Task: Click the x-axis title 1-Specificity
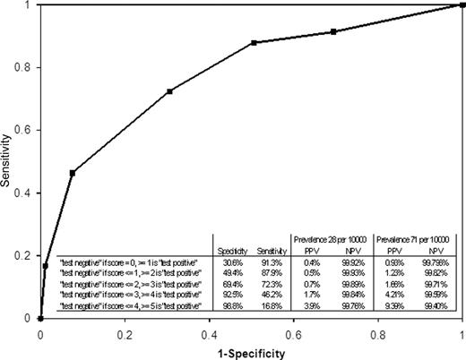click(x=250, y=352)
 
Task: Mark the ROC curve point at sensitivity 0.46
click(x=72, y=172)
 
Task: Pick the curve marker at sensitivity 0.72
click(x=169, y=91)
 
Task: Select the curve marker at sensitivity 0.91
click(x=333, y=31)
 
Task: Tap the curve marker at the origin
click(x=40, y=318)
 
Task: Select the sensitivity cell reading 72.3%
click(x=266, y=281)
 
